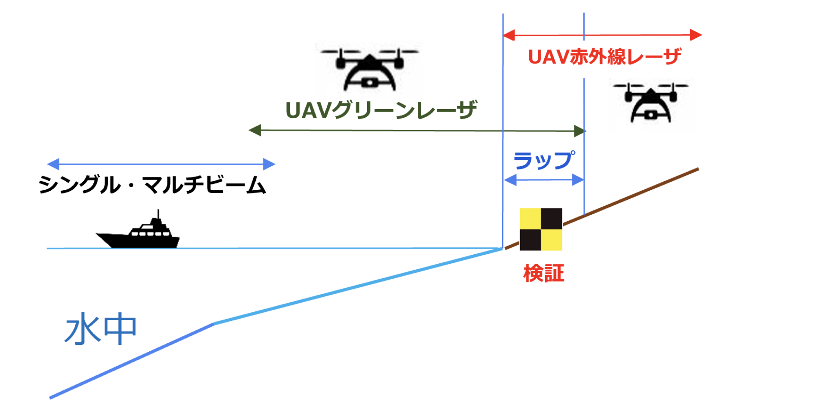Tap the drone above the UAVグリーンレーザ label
pos(369,69)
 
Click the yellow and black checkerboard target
pos(541,229)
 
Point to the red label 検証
pos(543,273)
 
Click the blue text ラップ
pos(544,160)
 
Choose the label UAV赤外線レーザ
pos(604,57)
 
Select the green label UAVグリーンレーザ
pos(381,110)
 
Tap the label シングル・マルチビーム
pos(152,185)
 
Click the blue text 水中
pos(101,329)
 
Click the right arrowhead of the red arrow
pos(696,35)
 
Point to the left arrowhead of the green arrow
pos(255,130)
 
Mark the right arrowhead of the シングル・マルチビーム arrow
pos(269,164)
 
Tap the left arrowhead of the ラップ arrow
pos(510,180)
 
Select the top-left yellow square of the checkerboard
pos(530,219)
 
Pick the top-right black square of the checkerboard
pos(552,219)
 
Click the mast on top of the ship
pos(158,214)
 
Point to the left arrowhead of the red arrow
pos(509,35)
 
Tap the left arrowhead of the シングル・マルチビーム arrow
pos(53,164)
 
